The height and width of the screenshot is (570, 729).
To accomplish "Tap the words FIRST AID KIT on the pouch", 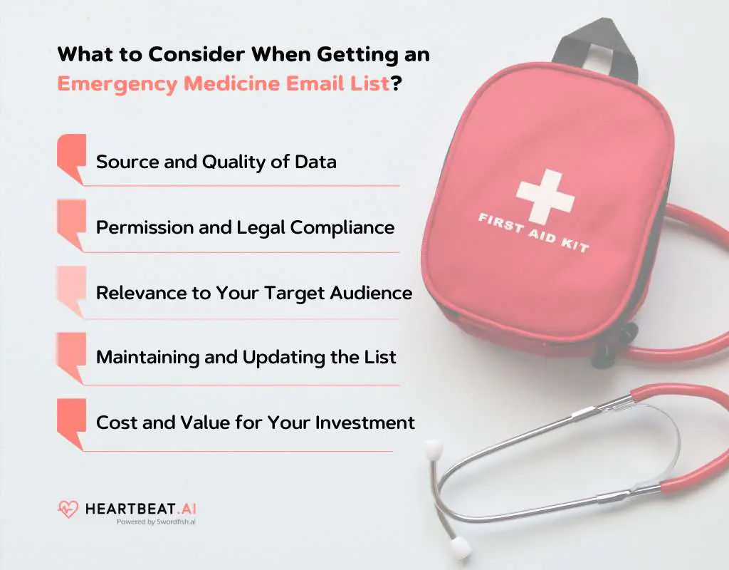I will [534, 231].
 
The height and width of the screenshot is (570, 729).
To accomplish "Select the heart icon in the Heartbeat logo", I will [68, 509].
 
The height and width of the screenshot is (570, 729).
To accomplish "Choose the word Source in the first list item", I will [122, 162].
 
